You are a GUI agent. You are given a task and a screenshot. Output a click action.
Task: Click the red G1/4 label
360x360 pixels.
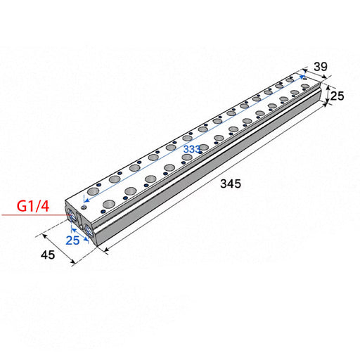pos(33,206)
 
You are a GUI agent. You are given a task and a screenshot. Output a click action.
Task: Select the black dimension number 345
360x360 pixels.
pos(231,184)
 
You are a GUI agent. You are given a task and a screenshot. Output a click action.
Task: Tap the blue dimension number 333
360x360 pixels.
pos(192,149)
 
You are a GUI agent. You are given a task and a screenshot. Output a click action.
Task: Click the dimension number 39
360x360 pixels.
pos(321,67)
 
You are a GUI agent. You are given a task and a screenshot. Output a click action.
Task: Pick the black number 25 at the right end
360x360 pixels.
pos(337,96)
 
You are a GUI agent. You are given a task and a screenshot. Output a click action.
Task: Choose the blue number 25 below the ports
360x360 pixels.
pos(72,240)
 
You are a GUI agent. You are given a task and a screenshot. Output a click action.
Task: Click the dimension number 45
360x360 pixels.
pos(48,255)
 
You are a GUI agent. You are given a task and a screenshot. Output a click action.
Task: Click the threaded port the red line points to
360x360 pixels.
pos(70,214)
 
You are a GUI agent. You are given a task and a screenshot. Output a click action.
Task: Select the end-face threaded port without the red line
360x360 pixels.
pos(89,230)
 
